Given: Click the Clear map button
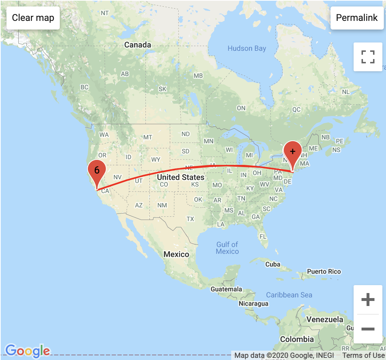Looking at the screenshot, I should tap(33, 18).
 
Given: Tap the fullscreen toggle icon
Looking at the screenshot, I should tap(368, 57).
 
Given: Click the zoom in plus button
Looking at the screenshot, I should tap(368, 300).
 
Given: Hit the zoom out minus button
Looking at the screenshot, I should tap(368, 329).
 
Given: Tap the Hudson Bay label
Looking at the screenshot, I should tap(247, 48).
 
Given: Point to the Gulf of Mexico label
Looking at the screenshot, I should tap(227, 248).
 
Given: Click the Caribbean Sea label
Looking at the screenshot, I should tap(289, 295).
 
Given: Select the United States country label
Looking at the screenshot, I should tap(180, 177).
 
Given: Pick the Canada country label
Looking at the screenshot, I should tap(138, 45).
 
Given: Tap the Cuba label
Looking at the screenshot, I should tap(273, 264).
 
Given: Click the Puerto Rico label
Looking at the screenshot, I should tap(324, 271).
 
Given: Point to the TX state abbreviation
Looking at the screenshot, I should tap(190, 219).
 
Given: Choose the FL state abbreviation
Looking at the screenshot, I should tap(263, 237).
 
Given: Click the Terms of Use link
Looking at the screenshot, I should tap(363, 356).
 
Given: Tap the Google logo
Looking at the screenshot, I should tap(28, 350).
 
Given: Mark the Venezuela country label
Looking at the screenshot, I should tap(325, 319).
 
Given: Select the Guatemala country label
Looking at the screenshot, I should tap(226, 289).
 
